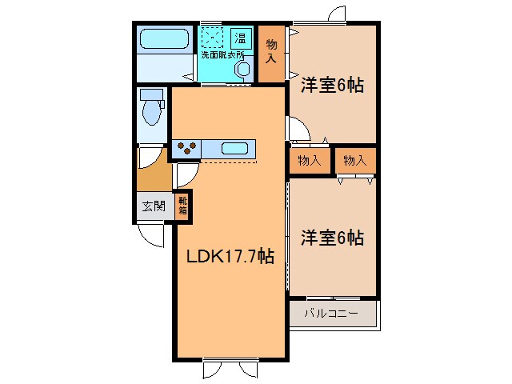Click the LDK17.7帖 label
tap(231, 258)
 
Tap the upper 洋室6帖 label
tap(332, 85)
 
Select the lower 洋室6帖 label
tap(332, 238)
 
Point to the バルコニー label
tap(330, 312)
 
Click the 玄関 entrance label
tap(154, 206)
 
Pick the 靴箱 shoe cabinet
tap(182, 206)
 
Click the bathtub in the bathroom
tap(164, 39)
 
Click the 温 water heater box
tap(240, 38)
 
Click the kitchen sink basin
tap(234, 148)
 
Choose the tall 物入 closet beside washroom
tap(271, 52)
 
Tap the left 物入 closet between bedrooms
tap(309, 160)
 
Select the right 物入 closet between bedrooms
tap(354, 160)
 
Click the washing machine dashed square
tap(213, 37)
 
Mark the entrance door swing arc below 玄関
tap(150, 234)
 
